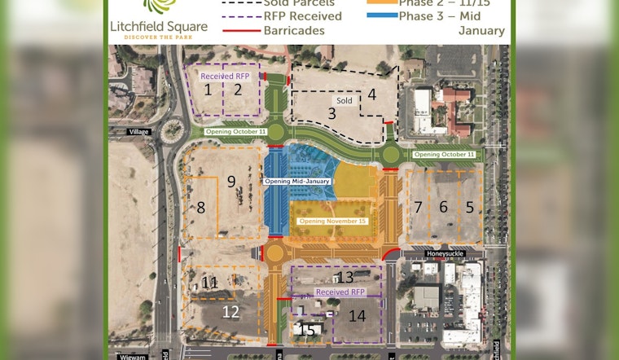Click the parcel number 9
pos(231,181)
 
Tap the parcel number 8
pos(201,207)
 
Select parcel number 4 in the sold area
pos(371,94)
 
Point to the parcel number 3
pos(331,113)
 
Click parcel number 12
pos(230,310)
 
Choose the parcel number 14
pos(357,314)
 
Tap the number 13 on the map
pos(345,277)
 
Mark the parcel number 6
pos(444,207)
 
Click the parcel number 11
pos(209,283)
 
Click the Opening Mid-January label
pos(296,181)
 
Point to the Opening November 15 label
pos(332,221)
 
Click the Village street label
pos(139,130)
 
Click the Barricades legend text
pos(294,30)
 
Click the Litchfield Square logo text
pos(159,26)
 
